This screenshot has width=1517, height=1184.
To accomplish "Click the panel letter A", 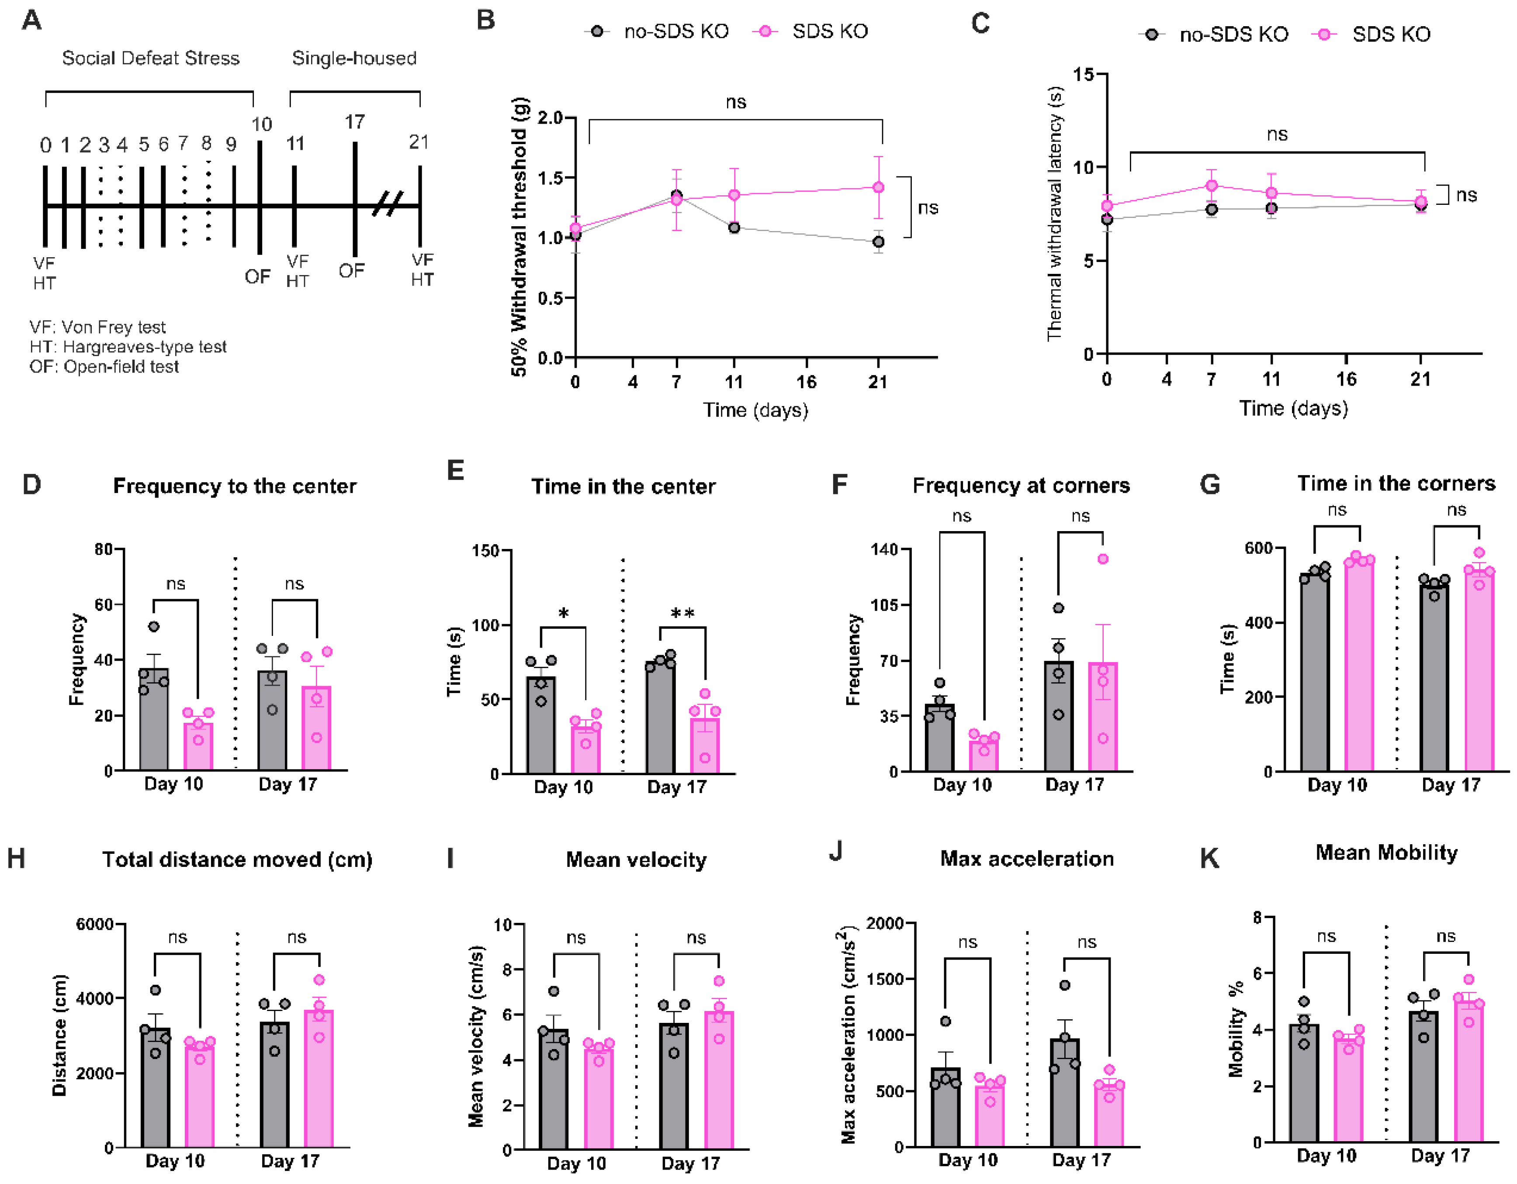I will pos(32,21).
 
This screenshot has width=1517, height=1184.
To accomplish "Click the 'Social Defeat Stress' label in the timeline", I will pos(151,59).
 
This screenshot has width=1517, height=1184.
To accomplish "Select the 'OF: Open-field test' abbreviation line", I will pos(104,367).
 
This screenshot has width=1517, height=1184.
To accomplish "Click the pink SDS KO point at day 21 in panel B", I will pos(878,187).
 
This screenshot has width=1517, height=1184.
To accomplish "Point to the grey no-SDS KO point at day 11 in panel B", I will pos(734,228).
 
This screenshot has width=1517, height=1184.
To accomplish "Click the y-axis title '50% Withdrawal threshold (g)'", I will pos(520,237).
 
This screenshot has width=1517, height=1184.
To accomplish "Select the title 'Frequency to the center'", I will pos(235,486).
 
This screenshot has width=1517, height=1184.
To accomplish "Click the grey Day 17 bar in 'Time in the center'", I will pos(660,719).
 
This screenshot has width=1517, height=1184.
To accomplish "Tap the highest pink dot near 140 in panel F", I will pos(1103,559).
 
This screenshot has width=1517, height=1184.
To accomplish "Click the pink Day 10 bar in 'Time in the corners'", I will pos(1359,666).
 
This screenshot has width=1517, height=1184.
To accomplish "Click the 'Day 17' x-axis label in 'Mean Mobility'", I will pos(1441,1156).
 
